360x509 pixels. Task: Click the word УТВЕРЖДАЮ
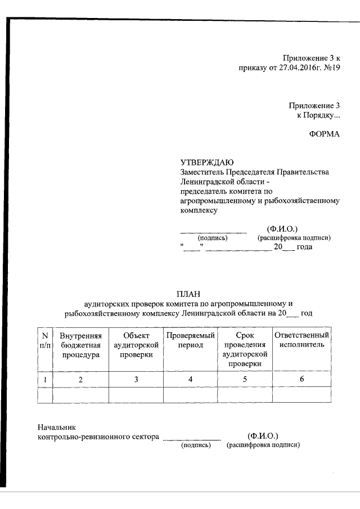point(203,162)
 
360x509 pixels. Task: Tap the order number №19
point(330,69)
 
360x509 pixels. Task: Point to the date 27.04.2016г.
point(293,69)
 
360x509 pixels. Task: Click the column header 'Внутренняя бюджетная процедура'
point(80,345)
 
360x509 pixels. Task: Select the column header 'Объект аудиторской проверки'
point(136,345)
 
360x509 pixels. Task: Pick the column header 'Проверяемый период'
point(191,340)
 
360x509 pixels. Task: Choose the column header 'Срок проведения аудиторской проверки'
point(245,350)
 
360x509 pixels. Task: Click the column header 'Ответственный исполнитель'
point(301,340)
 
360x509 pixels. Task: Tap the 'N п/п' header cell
point(44,340)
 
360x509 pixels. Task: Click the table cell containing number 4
point(191,380)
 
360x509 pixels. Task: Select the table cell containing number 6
point(301,380)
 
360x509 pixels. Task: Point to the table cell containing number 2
point(80,380)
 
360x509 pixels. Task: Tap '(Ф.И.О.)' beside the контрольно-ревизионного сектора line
point(263,436)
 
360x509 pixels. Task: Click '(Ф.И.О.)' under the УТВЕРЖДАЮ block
point(282,229)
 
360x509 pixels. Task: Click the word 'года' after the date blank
point(304,247)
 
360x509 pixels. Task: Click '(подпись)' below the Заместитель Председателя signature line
point(212,238)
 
